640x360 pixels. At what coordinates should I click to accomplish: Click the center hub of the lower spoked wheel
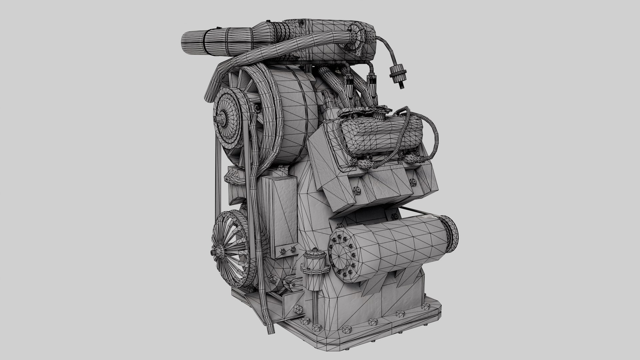(220, 250)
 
